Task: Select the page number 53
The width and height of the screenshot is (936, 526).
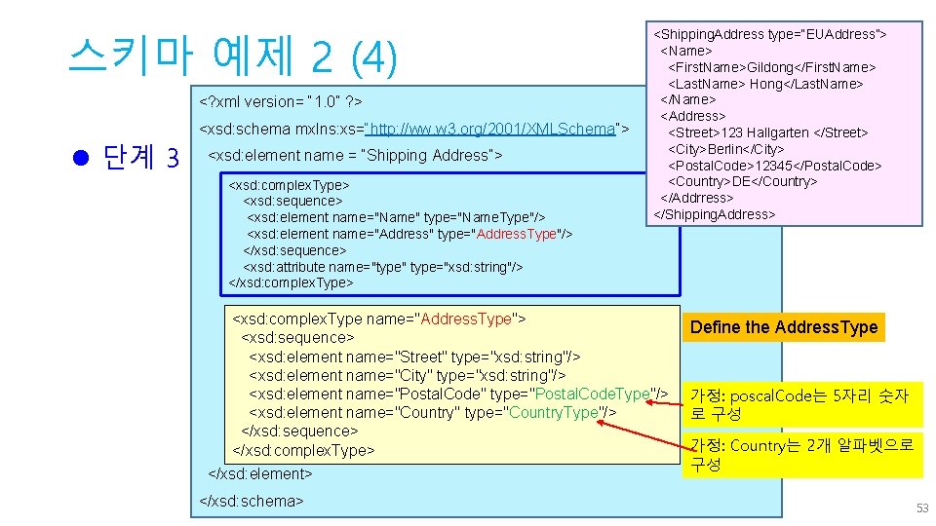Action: coord(921,508)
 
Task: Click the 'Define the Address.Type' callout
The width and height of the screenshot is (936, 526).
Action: coord(784,327)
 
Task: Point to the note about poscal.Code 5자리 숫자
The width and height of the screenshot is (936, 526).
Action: coord(799,404)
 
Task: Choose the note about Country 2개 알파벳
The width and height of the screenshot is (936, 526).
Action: coord(801,455)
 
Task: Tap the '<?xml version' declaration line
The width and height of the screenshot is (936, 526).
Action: coord(281,101)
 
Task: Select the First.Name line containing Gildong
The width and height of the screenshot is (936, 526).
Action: coord(771,67)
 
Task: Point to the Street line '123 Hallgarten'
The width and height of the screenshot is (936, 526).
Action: coord(767,132)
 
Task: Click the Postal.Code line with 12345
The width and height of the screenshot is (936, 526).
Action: coord(774,166)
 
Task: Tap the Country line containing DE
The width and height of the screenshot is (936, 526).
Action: coord(742,181)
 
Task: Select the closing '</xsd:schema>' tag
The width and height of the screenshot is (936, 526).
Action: coord(252,501)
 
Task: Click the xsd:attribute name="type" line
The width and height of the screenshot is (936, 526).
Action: coord(383,267)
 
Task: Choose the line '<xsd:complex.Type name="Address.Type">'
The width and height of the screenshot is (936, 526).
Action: coord(379,319)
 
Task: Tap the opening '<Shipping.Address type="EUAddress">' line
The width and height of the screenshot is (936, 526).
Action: coord(769,34)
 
